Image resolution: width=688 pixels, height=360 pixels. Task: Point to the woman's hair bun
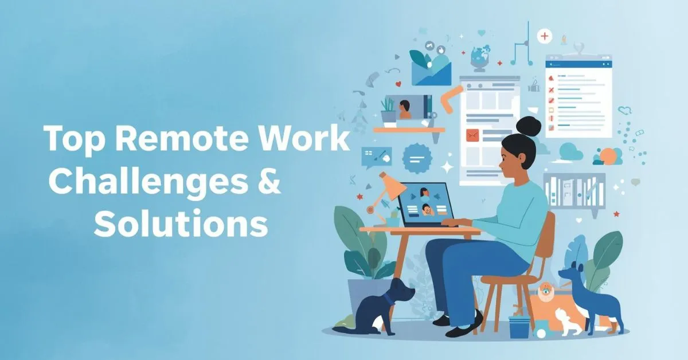coord(529,125)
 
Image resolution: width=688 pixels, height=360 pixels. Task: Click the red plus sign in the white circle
coord(544,37)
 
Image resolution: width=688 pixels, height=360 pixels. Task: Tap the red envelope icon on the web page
coord(472,136)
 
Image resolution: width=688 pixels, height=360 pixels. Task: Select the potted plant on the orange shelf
coord(388,111)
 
